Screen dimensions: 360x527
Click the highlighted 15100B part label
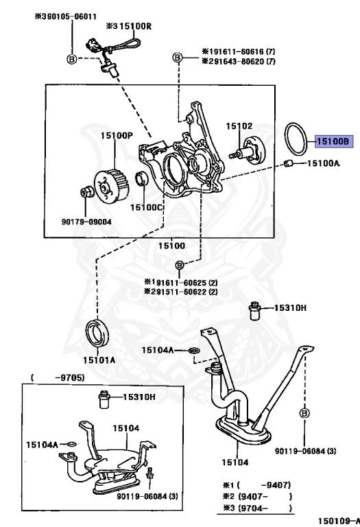tap(334, 141)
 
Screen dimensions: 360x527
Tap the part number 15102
tap(239, 126)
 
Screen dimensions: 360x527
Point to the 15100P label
tap(117, 135)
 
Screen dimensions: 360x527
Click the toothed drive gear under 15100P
tap(110, 187)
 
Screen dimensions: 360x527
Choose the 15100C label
tap(147, 207)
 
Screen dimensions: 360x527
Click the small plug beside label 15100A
tap(289, 163)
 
